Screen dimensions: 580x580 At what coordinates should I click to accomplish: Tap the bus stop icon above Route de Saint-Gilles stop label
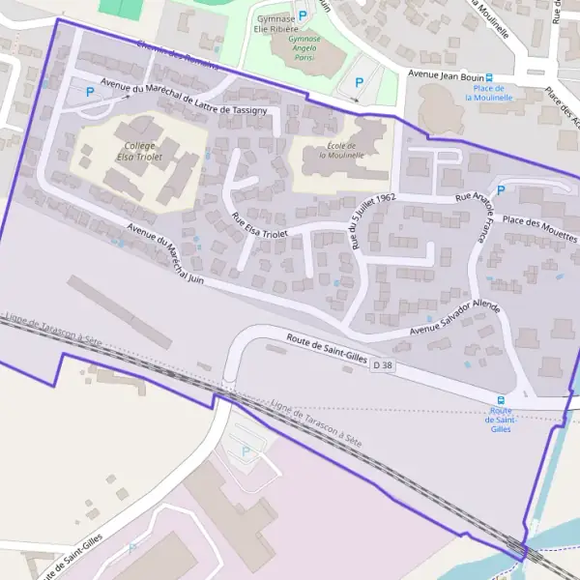click(501, 400)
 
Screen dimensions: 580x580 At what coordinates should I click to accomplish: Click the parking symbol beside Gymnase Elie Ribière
click(304, 16)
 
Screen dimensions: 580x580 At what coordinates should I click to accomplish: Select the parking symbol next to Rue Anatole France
click(501, 190)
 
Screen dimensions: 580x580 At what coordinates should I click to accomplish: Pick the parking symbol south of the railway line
click(245, 450)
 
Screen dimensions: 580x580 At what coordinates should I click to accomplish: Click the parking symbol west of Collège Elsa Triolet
click(90, 92)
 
